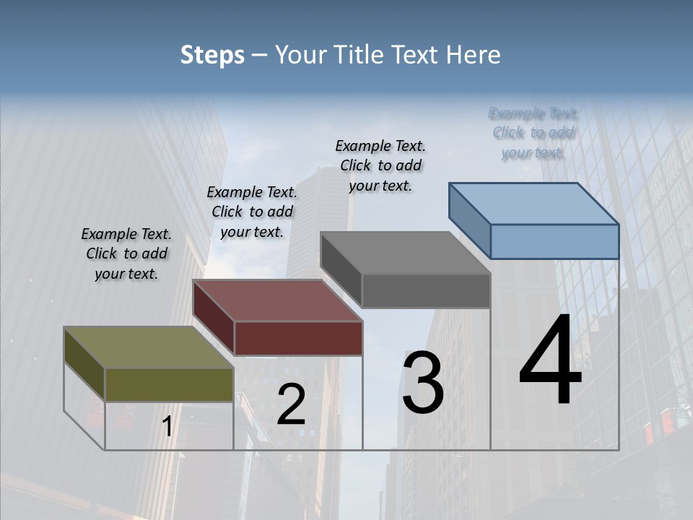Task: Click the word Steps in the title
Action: [212, 55]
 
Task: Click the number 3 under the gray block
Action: [423, 383]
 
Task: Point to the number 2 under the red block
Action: [291, 404]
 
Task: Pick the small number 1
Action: [167, 427]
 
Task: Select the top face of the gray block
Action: [404, 253]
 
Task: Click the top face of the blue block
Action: [534, 204]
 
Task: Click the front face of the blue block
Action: [554, 241]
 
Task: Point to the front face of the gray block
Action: [426, 291]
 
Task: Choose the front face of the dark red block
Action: [298, 338]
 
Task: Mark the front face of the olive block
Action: [169, 385]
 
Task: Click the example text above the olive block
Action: [126, 254]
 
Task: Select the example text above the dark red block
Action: [252, 212]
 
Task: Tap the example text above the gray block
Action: [380, 165]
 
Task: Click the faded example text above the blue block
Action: [533, 133]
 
